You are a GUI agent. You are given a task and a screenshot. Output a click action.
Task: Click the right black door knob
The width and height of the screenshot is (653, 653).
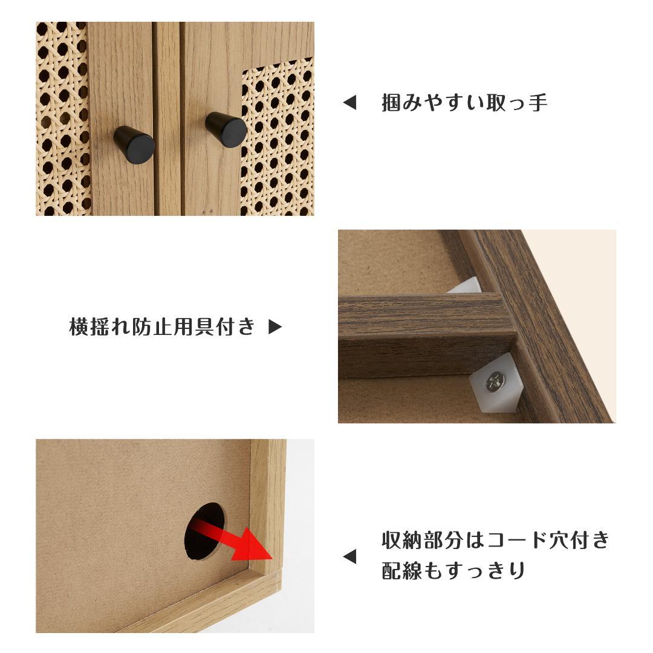[226, 129]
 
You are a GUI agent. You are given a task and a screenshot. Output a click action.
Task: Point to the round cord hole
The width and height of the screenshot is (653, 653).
[204, 530]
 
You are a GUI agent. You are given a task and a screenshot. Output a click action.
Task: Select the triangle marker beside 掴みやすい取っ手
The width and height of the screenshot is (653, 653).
[349, 103]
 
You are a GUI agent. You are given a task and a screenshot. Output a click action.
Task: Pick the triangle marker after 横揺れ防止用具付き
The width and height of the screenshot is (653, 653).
[275, 327]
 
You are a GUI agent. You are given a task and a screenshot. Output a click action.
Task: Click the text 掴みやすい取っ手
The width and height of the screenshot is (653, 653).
[464, 103]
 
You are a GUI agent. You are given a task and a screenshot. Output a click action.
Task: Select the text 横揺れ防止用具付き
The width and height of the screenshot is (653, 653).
[162, 327]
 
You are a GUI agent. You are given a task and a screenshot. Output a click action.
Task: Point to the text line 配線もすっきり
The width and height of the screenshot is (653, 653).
[453, 571]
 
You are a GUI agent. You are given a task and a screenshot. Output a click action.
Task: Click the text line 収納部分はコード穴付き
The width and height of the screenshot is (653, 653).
[496, 540]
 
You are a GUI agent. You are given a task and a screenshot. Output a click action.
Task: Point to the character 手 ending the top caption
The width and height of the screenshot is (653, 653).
[538, 103]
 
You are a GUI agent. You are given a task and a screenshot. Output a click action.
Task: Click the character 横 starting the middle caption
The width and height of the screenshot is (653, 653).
[80, 327]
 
